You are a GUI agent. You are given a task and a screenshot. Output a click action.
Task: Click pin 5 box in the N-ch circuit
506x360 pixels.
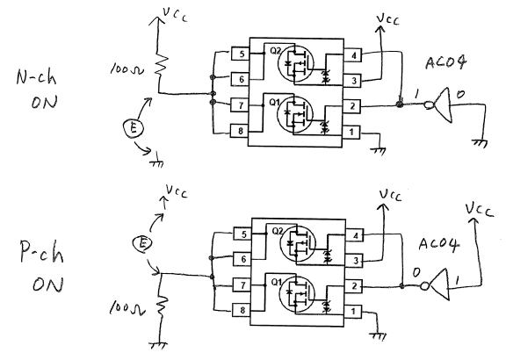[x=241, y=54]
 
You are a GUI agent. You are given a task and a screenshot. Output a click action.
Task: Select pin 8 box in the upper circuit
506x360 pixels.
[x=239, y=131]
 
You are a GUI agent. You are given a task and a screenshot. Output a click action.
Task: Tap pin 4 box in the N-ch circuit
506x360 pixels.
[x=353, y=55]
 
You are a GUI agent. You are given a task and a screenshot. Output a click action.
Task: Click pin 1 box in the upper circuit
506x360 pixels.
[x=351, y=132]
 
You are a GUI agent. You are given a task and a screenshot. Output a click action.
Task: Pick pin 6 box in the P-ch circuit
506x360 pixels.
[x=242, y=259]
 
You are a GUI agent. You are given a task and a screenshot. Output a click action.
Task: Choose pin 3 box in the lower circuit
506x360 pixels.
[x=355, y=261]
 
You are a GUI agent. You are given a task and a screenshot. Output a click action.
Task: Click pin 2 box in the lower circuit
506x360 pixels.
[x=354, y=286]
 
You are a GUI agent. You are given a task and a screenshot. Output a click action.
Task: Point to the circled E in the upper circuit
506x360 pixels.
[x=133, y=129]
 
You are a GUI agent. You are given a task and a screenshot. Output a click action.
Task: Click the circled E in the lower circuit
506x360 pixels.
[x=142, y=243]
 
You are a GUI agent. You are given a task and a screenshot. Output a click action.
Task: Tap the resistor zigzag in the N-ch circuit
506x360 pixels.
[x=162, y=66]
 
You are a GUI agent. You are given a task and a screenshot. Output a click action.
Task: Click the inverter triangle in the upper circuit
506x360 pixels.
[x=444, y=104]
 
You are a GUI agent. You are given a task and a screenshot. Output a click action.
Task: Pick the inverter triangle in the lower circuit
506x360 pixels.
[x=439, y=284]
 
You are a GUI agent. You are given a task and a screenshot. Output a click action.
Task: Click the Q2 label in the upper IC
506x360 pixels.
[x=275, y=51]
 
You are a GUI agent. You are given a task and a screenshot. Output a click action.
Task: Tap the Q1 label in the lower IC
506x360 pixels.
[x=277, y=282]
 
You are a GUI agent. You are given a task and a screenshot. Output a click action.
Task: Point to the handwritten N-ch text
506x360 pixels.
[x=36, y=77]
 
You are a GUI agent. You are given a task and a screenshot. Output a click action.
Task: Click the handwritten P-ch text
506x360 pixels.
[x=41, y=252]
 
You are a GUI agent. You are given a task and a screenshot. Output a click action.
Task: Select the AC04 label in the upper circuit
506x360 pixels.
[x=445, y=62]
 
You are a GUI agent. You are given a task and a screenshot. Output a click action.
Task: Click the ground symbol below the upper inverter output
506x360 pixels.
[x=480, y=143]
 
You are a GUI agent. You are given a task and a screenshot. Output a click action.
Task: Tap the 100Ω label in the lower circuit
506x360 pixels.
[x=126, y=308]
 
